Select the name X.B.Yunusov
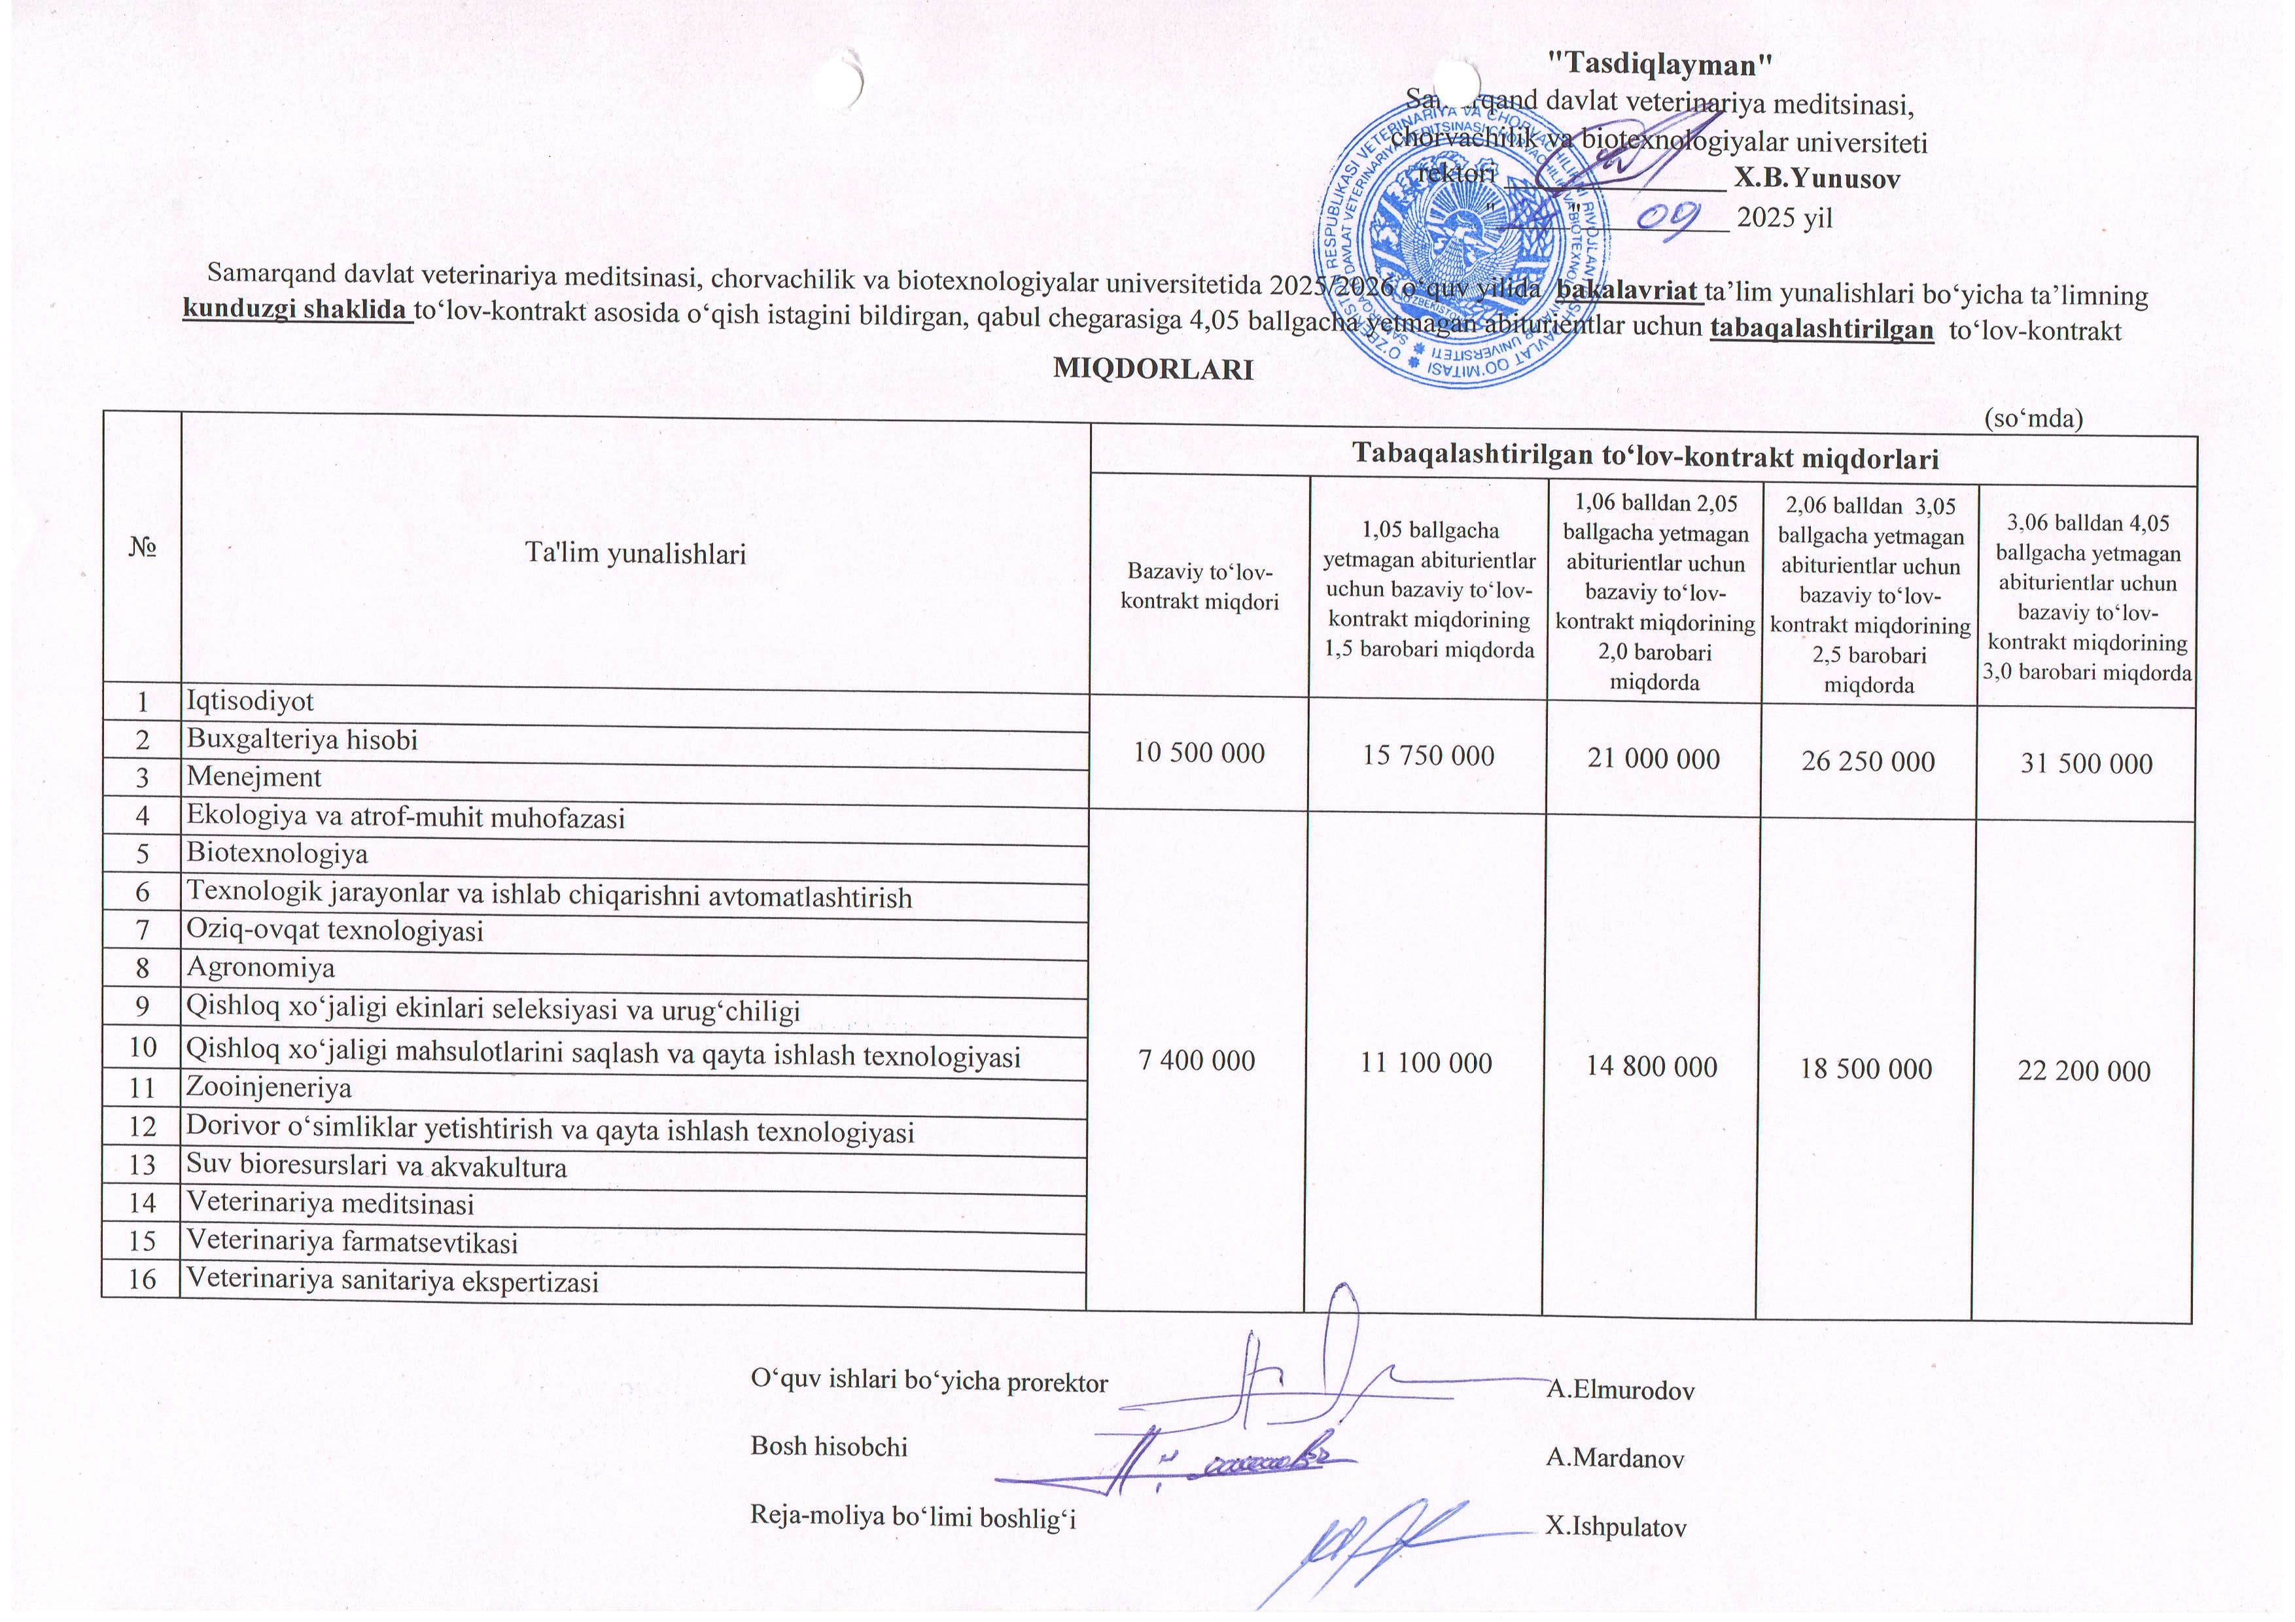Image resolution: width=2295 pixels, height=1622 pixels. click(x=1816, y=179)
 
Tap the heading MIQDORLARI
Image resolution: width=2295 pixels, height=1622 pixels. click(x=1153, y=369)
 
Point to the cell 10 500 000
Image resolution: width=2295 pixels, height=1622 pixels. click(x=1199, y=753)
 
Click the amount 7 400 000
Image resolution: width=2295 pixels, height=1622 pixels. click(x=1197, y=1061)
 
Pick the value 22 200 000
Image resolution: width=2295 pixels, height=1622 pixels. click(x=2083, y=1071)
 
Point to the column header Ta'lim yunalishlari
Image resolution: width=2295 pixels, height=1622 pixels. click(x=636, y=554)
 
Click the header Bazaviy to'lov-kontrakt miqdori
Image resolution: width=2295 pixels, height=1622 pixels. click(x=1199, y=587)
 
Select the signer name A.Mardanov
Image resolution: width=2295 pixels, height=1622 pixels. click(x=1615, y=1458)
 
